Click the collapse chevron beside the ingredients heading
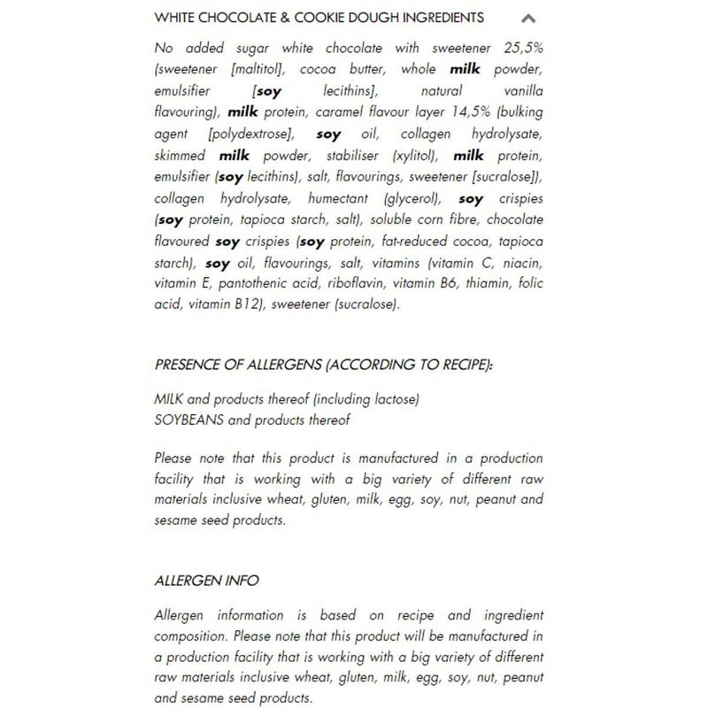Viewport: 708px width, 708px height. (x=528, y=18)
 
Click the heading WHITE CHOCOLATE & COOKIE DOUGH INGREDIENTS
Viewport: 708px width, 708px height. (x=319, y=18)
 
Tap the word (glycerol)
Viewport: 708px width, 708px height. (x=413, y=199)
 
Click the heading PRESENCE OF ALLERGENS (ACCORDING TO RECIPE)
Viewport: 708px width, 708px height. (x=324, y=364)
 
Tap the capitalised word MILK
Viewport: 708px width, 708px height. (x=172, y=399)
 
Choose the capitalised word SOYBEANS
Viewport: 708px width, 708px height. (x=189, y=420)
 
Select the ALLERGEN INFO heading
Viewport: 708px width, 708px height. (x=206, y=581)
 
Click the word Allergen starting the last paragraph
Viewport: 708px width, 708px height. (x=182, y=615)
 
